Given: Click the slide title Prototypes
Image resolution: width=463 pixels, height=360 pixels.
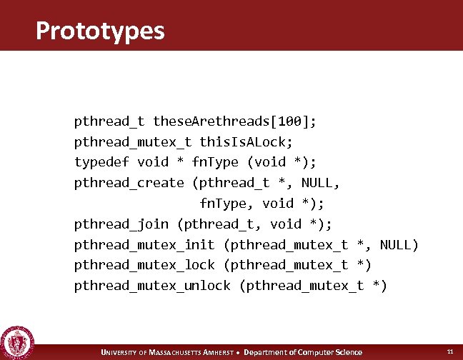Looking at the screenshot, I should point(99,31).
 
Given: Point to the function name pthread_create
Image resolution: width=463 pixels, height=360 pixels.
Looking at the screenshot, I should point(129,183).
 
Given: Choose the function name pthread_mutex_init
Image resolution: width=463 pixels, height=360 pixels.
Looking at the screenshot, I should point(144,245).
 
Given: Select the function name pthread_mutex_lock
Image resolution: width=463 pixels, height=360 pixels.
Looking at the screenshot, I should point(144,265).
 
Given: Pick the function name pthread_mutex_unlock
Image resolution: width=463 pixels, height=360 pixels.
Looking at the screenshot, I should point(152,286).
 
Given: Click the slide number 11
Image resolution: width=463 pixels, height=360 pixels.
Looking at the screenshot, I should point(449,351).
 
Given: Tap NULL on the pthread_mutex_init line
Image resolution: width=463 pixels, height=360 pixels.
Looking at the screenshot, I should point(399,245).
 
